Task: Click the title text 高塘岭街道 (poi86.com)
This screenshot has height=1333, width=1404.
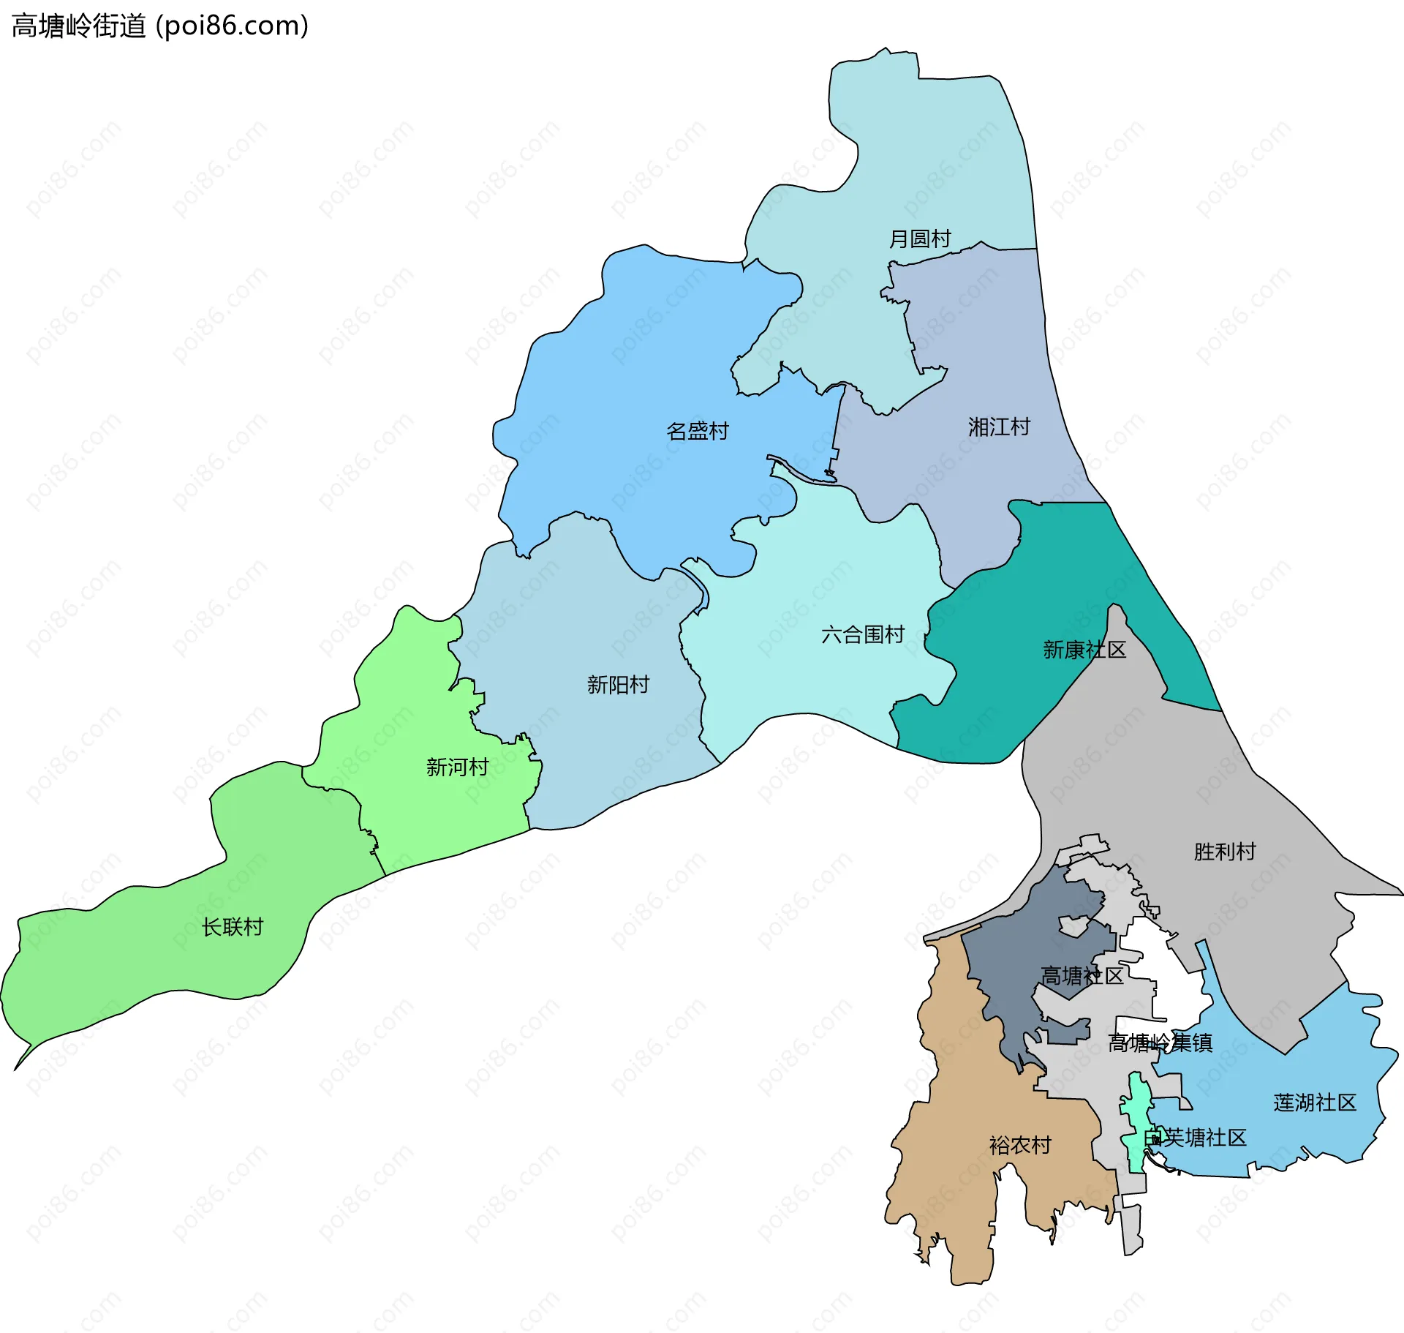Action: (x=159, y=26)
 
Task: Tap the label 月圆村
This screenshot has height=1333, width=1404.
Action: (x=919, y=239)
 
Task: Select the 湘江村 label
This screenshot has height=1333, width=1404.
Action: (x=999, y=427)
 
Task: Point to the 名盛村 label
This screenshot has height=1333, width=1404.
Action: (x=698, y=431)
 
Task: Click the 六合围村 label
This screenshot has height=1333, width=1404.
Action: (x=863, y=634)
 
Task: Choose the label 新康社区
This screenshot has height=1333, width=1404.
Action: (x=1084, y=650)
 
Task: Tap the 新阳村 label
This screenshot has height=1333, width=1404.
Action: (x=618, y=685)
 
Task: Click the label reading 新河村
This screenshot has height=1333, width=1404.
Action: (x=457, y=767)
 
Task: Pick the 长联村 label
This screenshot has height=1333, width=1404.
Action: (x=233, y=927)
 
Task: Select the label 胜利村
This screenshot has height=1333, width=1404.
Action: (x=1225, y=852)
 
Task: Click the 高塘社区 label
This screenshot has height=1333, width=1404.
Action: (x=1082, y=976)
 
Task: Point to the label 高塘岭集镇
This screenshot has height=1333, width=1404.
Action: (x=1160, y=1043)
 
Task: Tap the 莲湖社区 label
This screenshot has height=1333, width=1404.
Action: (x=1315, y=1103)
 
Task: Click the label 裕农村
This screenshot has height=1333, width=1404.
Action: (x=1020, y=1145)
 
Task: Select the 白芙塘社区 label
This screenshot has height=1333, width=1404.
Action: (x=1195, y=1138)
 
